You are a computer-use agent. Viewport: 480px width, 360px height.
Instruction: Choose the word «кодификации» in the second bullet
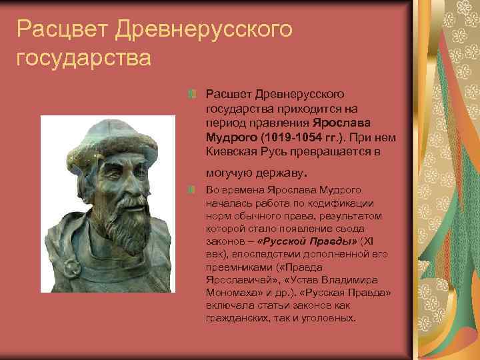click(347, 204)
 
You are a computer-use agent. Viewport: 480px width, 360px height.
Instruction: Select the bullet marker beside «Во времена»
click(191, 191)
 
